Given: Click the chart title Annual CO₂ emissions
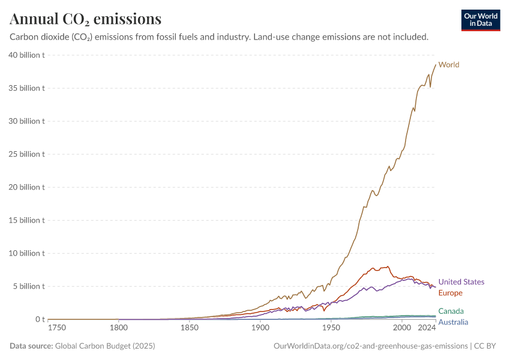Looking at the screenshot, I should (85, 19).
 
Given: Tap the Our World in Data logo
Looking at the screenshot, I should (481, 20).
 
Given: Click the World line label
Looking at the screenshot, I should (449, 65).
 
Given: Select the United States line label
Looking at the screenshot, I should (461, 282).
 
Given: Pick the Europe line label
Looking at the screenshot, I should (450, 293).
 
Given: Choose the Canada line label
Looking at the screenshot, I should (451, 311).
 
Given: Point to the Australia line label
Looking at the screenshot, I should (453, 322).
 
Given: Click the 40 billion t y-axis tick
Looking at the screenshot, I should (26, 55).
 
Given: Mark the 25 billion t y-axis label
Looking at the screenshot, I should (26, 154).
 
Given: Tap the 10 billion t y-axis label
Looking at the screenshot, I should (26, 253).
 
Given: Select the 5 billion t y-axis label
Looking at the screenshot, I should (29, 286).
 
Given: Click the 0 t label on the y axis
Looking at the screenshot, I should (40, 319).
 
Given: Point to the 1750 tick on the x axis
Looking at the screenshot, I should (57, 329).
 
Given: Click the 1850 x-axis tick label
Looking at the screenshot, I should (190, 329).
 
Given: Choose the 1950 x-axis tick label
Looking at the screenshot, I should (331, 329).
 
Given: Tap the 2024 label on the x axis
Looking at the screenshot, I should (427, 329).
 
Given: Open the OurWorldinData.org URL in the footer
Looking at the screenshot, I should (370, 346).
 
